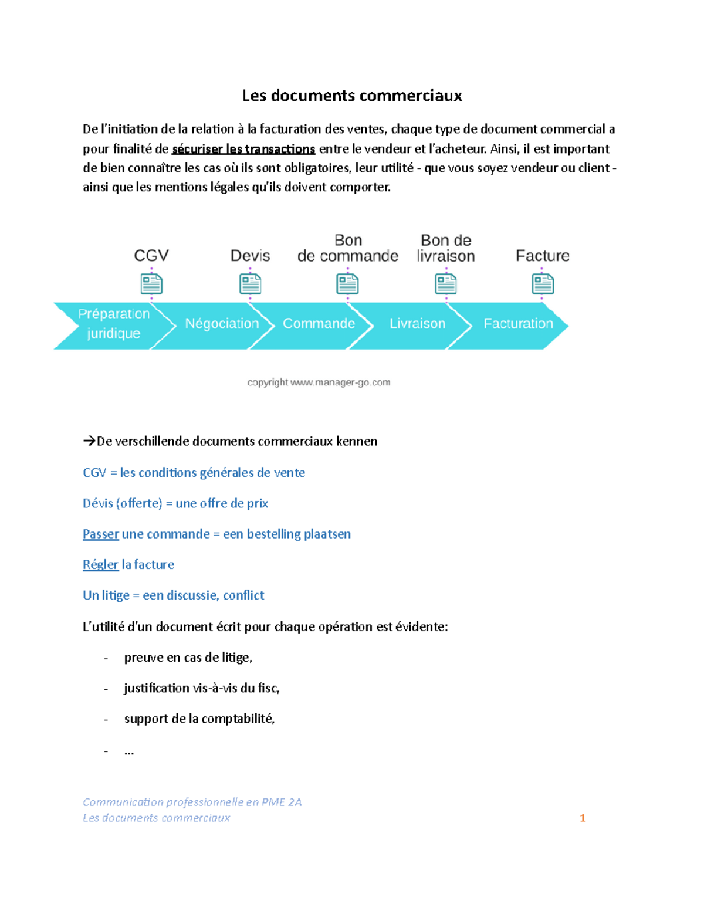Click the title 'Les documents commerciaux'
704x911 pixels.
352,96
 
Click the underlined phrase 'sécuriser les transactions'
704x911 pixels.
243,149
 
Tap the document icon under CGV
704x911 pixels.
151,285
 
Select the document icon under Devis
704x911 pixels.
251,285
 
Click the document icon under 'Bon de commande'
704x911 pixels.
347,285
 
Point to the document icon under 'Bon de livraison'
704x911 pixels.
446,285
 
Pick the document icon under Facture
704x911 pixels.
543,285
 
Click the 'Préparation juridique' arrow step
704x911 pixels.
114,324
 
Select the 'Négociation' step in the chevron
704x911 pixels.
222,324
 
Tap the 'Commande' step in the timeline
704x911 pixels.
319,324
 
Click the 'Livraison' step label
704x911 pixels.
417,324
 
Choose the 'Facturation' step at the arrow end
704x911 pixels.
518,324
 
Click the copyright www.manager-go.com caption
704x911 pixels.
319,382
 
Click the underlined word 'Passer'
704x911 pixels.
101,534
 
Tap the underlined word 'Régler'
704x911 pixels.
100,565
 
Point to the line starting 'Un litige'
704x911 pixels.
174,595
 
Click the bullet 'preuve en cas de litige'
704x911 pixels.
188,658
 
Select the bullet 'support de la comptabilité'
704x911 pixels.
199,719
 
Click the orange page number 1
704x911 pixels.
583,818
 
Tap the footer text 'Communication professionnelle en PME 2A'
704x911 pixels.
192,802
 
